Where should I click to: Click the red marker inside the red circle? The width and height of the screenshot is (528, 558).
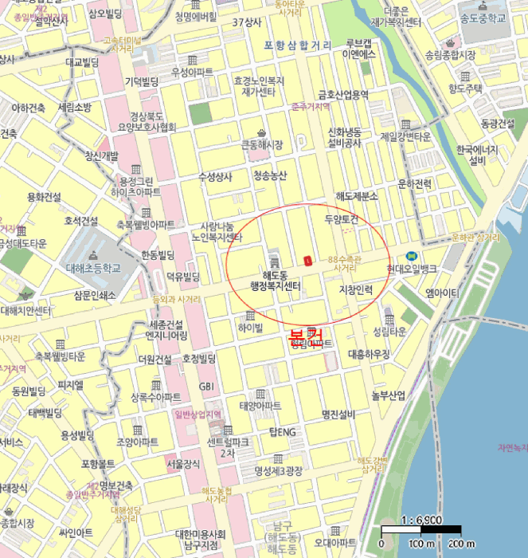(307, 260)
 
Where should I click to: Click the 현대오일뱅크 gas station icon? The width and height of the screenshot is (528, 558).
(411, 256)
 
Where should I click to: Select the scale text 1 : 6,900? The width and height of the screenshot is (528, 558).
(422, 520)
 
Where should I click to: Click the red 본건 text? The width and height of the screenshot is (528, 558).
(306, 334)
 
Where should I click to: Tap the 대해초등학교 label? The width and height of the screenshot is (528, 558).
(92, 268)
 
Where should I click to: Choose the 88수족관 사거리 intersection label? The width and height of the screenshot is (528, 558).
(344, 263)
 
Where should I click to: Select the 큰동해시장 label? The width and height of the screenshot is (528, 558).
(262, 144)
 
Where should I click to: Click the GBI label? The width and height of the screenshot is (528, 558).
(206, 386)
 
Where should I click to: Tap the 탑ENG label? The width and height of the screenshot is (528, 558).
(282, 432)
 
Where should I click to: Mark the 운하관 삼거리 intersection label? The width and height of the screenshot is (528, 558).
(474, 237)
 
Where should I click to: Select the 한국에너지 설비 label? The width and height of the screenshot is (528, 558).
(477, 155)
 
